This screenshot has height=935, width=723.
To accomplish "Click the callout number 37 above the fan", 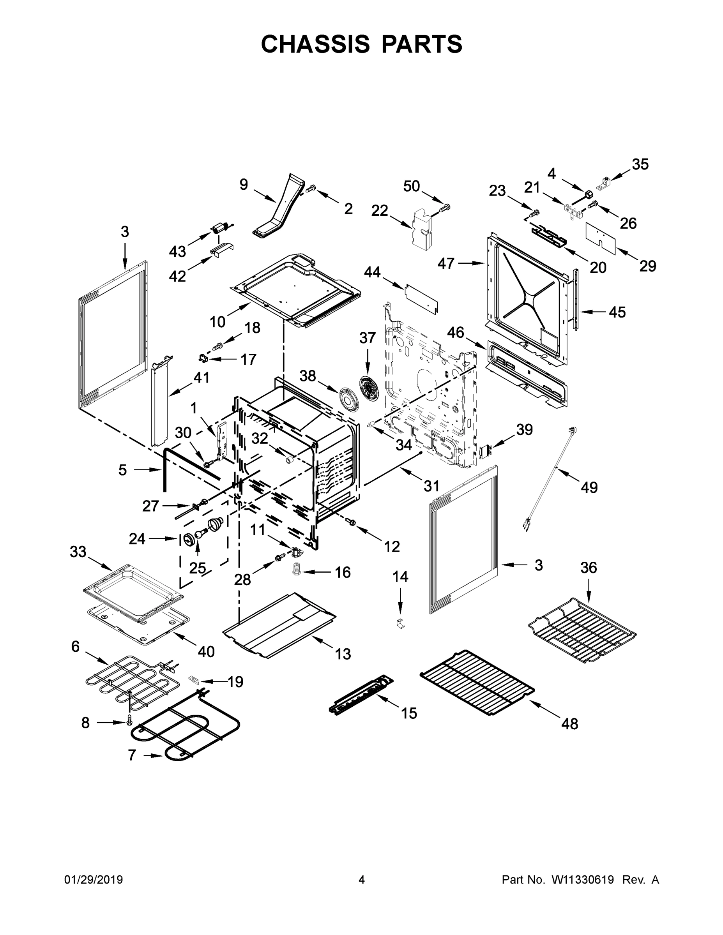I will pos(367,338).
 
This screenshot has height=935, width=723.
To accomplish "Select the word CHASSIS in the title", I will pos(315,44).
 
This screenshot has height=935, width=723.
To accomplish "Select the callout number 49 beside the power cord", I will pos(589,487).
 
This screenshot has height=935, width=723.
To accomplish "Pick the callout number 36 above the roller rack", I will pos(589,567).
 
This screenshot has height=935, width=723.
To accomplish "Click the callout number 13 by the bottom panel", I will pos(343,654).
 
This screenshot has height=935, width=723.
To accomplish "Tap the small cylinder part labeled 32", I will pos(289,460).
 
